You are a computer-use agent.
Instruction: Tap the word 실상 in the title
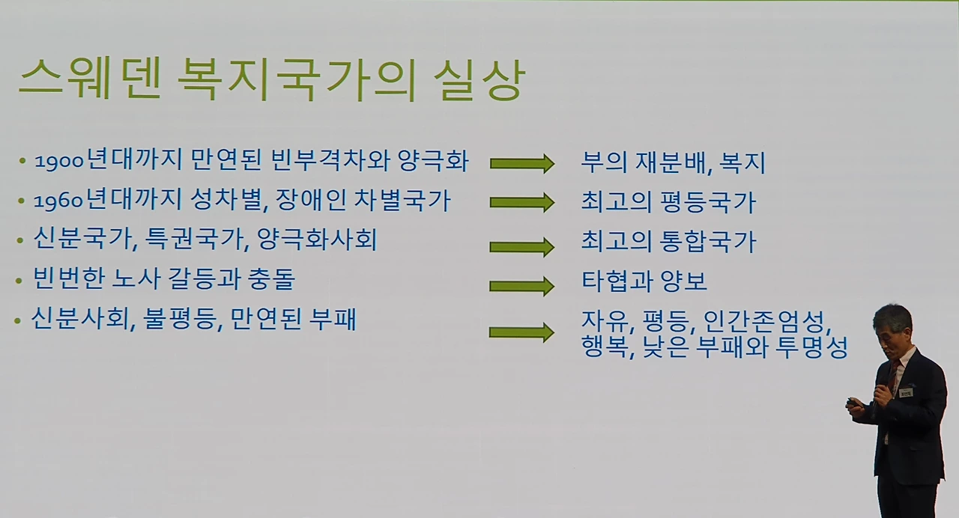[479, 80]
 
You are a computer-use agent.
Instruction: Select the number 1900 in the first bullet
[60, 162]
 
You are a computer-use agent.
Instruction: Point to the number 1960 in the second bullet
[58, 202]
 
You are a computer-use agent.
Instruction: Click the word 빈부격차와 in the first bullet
[330, 161]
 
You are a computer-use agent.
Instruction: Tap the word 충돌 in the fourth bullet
[271, 279]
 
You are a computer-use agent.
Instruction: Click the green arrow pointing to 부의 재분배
[522, 163]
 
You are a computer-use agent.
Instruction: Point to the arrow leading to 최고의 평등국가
[522, 203]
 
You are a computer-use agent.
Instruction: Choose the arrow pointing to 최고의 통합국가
[522, 247]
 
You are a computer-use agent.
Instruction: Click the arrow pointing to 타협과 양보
[522, 287]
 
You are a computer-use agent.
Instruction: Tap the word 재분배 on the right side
[668, 163]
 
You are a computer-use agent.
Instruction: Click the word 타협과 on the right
[617, 281]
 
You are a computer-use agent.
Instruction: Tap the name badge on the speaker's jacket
[907, 392]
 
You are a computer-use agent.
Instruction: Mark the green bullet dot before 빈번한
[19, 281]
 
